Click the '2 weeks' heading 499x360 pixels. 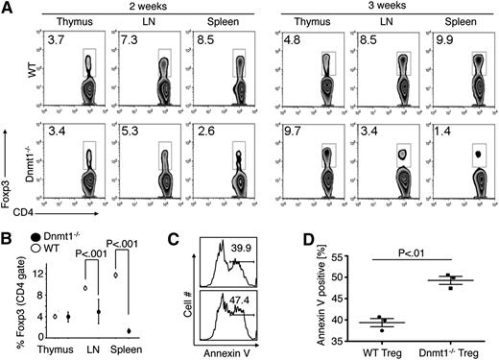[120, 7]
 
